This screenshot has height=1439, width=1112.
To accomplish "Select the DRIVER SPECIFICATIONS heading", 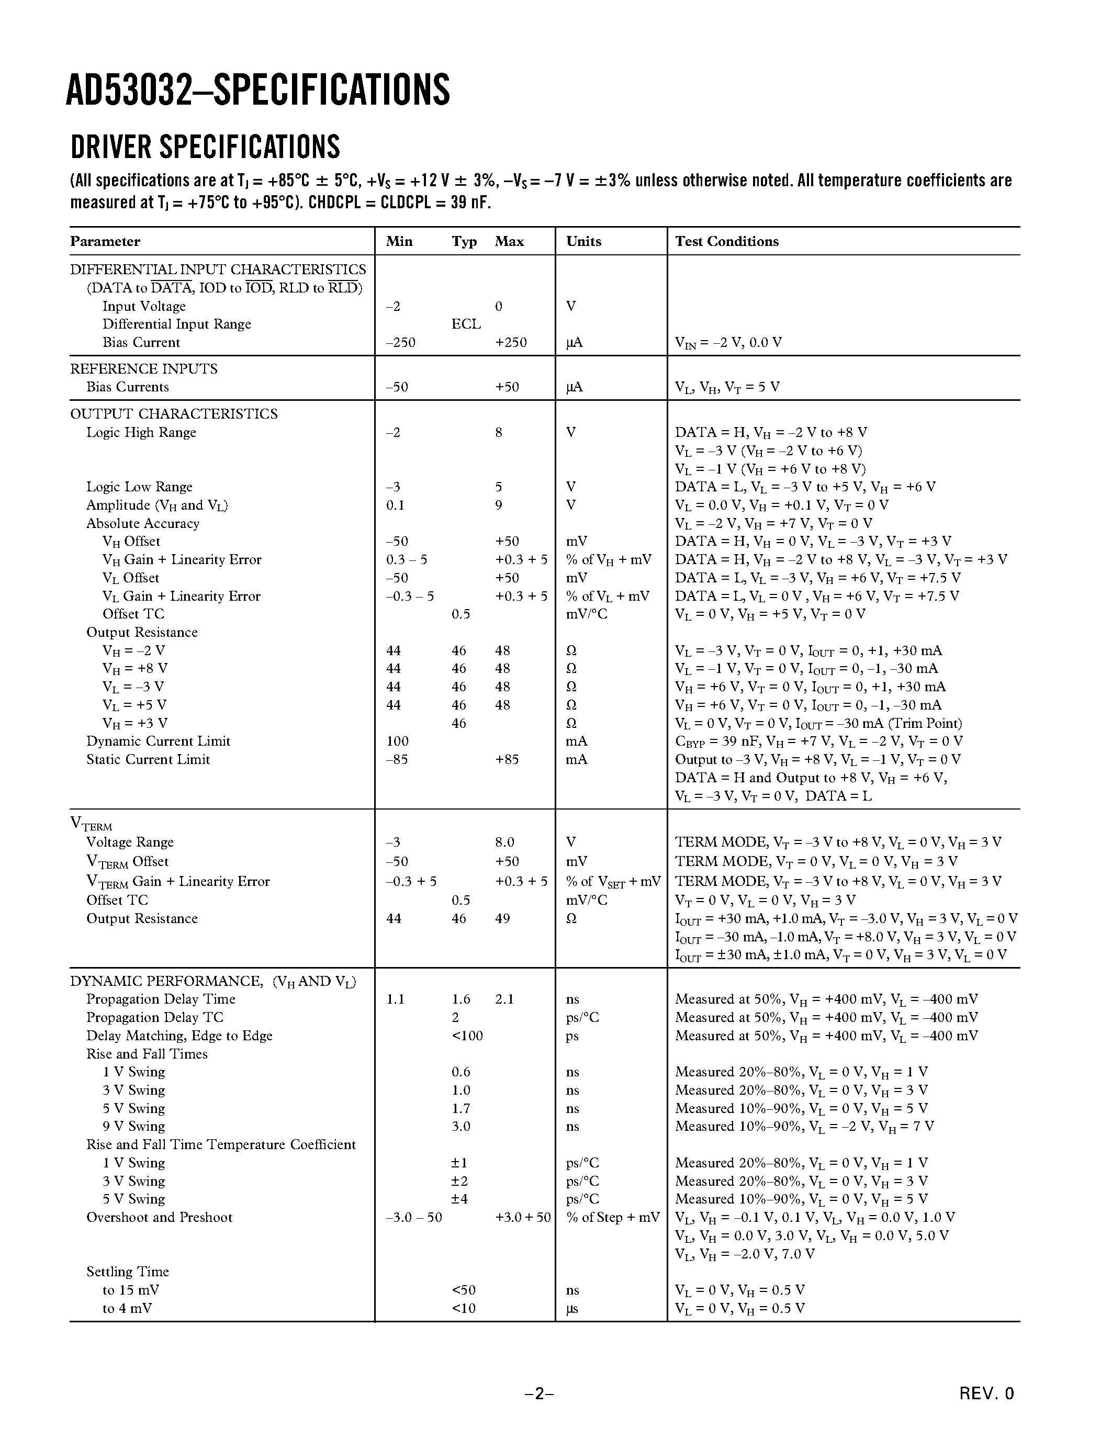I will click(x=205, y=147).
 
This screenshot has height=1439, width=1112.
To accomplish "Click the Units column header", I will click(x=583, y=241).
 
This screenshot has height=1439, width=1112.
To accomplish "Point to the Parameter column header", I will click(x=105, y=241).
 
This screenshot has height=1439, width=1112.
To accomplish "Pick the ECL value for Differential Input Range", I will click(x=466, y=324).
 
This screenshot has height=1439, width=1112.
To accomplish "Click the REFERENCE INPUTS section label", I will click(x=143, y=369).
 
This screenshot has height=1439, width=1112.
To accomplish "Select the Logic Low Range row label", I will click(x=139, y=487).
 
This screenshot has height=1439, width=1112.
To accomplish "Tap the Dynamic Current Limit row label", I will click(x=158, y=741).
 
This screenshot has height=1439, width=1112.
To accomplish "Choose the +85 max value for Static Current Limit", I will click(x=507, y=760).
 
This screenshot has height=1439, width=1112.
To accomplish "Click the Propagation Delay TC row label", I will click(x=155, y=1017).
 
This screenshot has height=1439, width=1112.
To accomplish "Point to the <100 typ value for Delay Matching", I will click(x=467, y=1036).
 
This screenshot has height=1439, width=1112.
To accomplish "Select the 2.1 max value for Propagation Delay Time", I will click(x=504, y=999).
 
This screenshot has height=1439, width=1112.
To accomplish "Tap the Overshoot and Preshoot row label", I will click(x=160, y=1218).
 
